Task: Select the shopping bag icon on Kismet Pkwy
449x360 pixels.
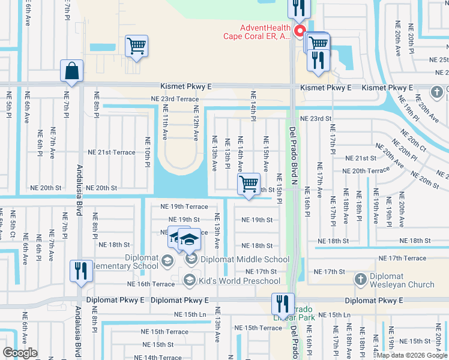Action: click(71, 71)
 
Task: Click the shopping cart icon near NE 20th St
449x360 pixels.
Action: click(249, 184)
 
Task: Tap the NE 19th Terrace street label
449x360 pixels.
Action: click(179, 206)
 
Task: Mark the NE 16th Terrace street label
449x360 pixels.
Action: click(151, 284)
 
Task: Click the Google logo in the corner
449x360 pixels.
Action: click(20, 353)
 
